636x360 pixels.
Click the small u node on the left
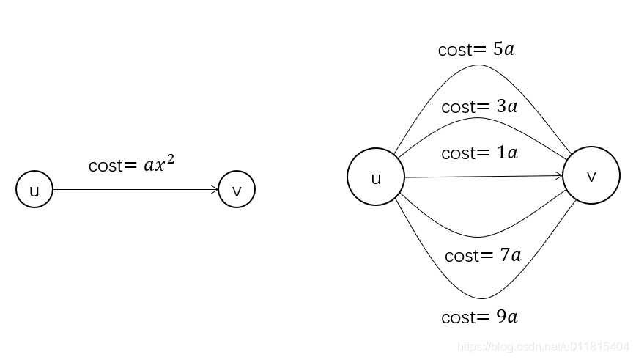click(x=34, y=190)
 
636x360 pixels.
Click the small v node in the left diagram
click(x=237, y=190)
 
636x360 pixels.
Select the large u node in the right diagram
click(x=376, y=177)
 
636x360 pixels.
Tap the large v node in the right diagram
click(x=591, y=176)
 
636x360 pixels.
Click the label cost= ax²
click(x=132, y=164)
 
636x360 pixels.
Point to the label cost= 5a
click(x=476, y=50)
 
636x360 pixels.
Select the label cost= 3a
click(x=479, y=106)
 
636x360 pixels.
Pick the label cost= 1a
click(x=479, y=153)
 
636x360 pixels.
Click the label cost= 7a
click(x=483, y=256)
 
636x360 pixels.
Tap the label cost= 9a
click(x=480, y=317)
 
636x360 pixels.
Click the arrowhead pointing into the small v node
click(x=215, y=190)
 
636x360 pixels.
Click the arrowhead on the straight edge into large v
click(x=559, y=176)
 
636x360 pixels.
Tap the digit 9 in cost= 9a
click(x=501, y=317)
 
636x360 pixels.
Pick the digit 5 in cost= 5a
click(x=498, y=50)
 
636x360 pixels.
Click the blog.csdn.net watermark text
click(x=543, y=346)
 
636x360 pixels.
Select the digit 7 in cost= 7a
click(x=505, y=256)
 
